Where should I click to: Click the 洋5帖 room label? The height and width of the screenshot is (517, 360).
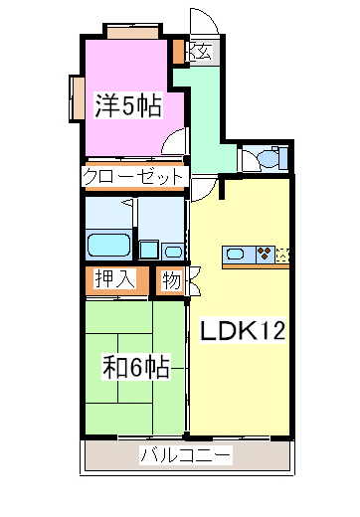(x=128, y=103)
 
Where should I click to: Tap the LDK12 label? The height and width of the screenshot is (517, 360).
(x=246, y=331)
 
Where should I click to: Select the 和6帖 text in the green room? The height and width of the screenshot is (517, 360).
(x=135, y=366)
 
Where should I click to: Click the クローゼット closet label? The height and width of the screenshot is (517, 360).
(x=134, y=176)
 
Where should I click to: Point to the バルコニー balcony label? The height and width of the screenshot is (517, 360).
(x=186, y=456)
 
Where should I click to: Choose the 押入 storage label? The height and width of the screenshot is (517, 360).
(x=114, y=279)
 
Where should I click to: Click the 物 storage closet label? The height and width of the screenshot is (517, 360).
(x=170, y=280)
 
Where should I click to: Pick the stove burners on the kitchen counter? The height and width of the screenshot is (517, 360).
(x=265, y=253)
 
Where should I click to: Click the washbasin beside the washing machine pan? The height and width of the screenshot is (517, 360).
(x=173, y=251)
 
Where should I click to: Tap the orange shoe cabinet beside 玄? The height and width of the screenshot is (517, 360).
(x=178, y=51)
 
